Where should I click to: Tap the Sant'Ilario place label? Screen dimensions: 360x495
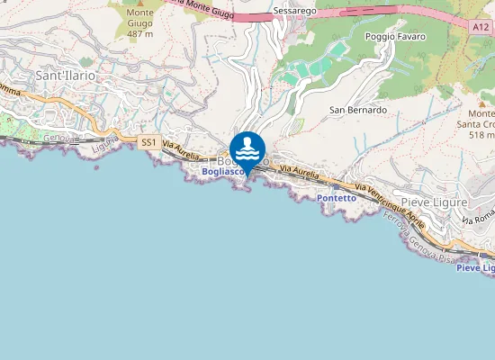65,76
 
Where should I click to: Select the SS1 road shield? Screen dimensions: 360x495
148,142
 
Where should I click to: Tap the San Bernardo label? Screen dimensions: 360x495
357,110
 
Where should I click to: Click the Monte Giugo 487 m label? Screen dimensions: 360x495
139,23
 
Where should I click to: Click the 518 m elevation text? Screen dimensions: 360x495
481,135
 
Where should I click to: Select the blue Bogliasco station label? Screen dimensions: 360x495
220,171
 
